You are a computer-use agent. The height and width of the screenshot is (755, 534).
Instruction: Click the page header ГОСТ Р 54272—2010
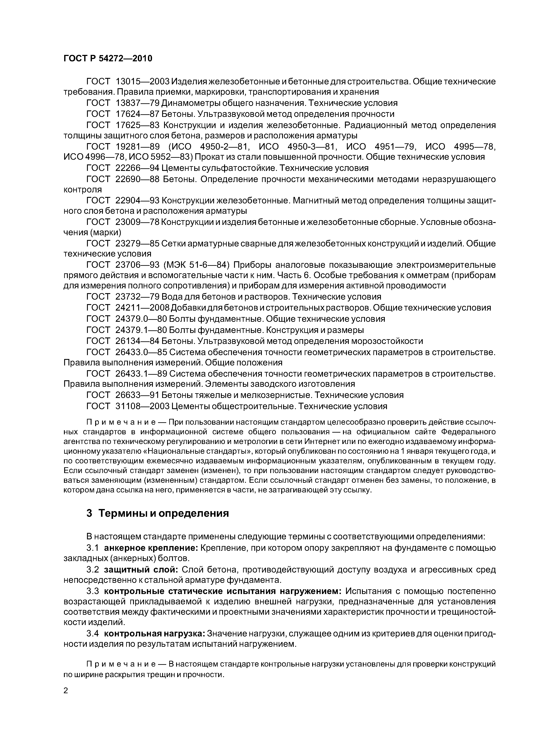click(x=108, y=59)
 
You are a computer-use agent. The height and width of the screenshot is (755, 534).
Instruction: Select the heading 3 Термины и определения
click(x=157, y=513)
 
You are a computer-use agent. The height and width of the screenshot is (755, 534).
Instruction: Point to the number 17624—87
click(x=138, y=114)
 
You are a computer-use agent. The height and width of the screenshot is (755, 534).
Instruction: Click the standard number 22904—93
click(x=138, y=200)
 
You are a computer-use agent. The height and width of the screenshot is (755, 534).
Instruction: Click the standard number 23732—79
click(x=138, y=297)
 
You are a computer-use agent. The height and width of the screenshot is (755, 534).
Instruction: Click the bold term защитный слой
click(x=141, y=569)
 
